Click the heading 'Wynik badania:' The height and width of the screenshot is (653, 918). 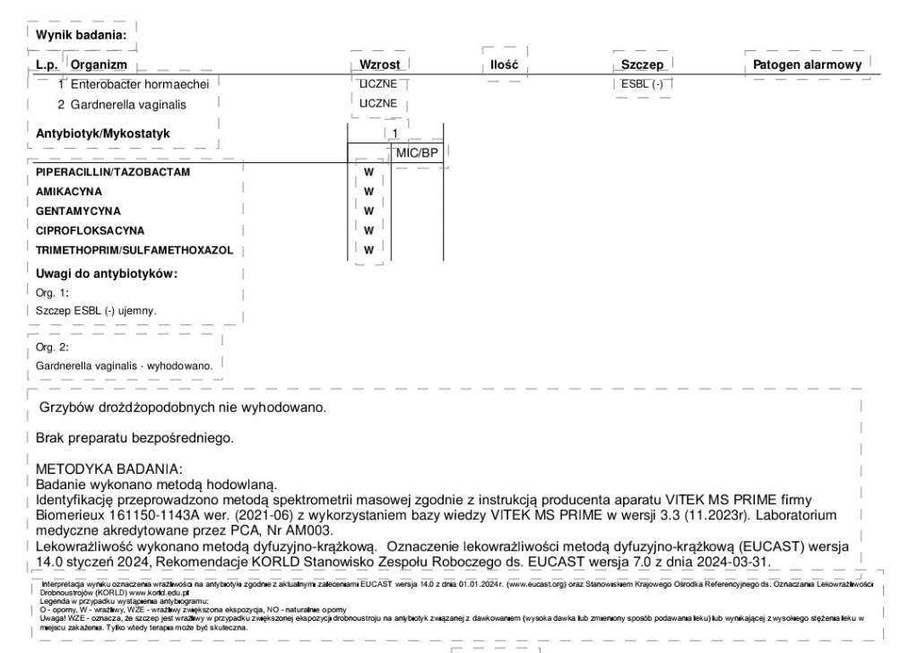81,35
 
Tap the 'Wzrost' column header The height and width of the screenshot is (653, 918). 379,64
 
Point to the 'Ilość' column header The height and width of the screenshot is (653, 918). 505,64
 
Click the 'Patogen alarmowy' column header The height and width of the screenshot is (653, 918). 807,64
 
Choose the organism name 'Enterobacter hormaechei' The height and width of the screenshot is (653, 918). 140,84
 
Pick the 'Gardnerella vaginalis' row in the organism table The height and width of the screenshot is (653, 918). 128,105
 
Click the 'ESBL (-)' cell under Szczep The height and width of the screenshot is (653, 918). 642,84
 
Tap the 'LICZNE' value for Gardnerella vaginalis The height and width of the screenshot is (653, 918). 377,104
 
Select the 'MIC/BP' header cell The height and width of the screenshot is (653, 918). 417,153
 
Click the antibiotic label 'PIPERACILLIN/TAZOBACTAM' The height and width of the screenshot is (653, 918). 113,172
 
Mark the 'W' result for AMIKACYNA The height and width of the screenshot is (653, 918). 368,192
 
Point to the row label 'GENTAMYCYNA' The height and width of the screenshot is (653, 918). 78,211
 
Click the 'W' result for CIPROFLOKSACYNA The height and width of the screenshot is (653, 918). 368,230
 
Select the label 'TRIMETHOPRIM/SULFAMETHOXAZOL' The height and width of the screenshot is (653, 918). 134,250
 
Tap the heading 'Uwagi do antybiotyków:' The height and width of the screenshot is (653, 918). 107,273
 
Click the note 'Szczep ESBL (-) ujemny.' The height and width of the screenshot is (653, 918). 96,310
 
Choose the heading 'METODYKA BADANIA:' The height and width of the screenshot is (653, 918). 108,469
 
